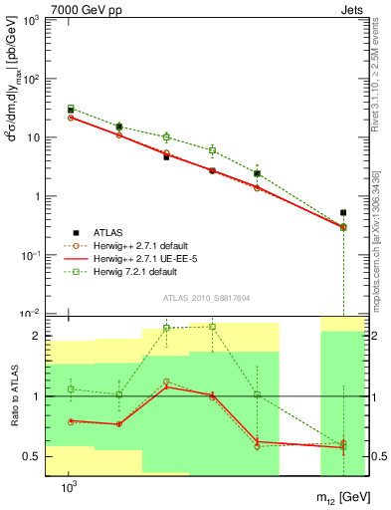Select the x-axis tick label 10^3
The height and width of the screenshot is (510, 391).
[70, 489]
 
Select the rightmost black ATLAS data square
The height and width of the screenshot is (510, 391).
[343, 212]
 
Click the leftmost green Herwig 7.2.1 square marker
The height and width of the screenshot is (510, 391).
[71, 108]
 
